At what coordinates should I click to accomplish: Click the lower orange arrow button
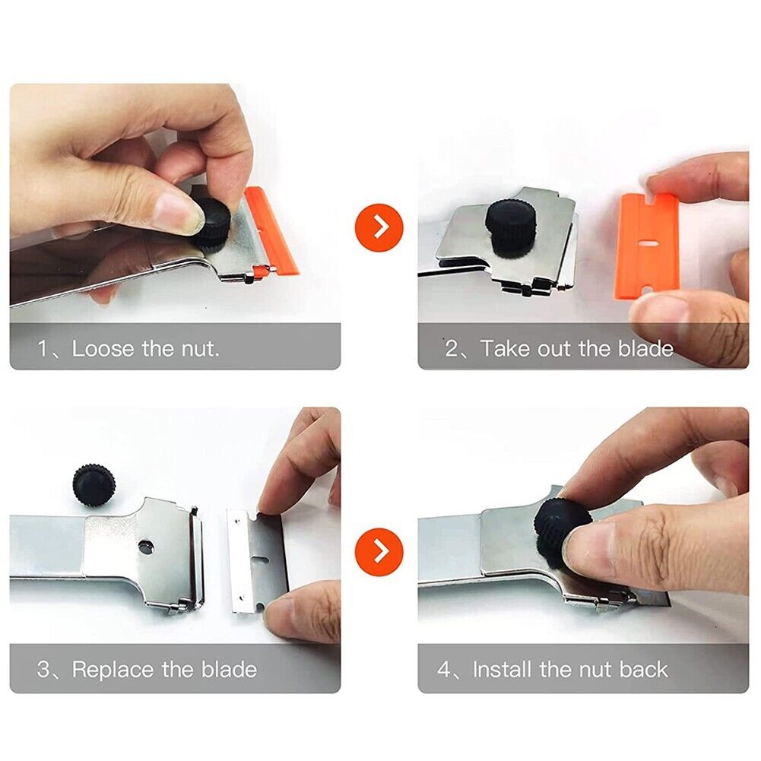(378, 550)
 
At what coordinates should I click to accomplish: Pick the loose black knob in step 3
(95, 484)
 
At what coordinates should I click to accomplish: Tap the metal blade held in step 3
(258, 559)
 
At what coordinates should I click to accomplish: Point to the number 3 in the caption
(44, 670)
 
